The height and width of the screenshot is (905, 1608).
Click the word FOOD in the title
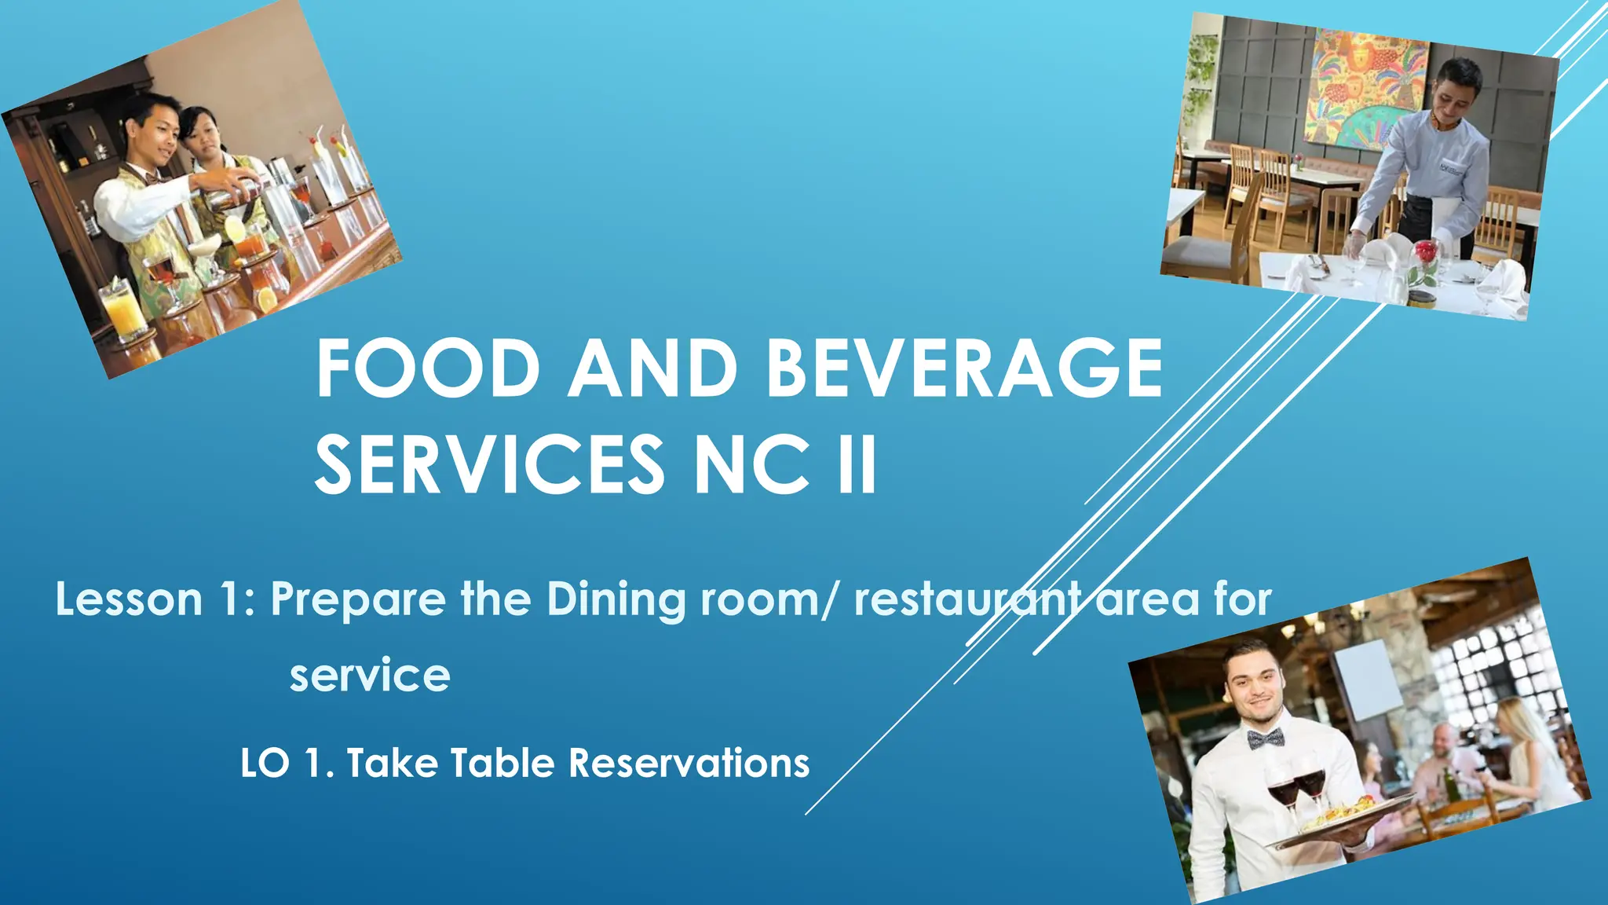coord(428,368)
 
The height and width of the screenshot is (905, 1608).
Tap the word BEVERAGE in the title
coord(964,368)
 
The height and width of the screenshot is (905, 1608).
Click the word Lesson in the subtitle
coord(130,599)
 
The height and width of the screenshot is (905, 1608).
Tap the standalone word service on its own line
coord(370,675)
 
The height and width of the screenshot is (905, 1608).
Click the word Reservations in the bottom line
coord(689,763)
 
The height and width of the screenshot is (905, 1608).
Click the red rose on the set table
coord(1424,253)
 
